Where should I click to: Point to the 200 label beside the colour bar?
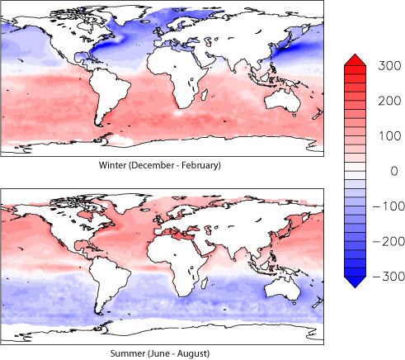click(x=386, y=99)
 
